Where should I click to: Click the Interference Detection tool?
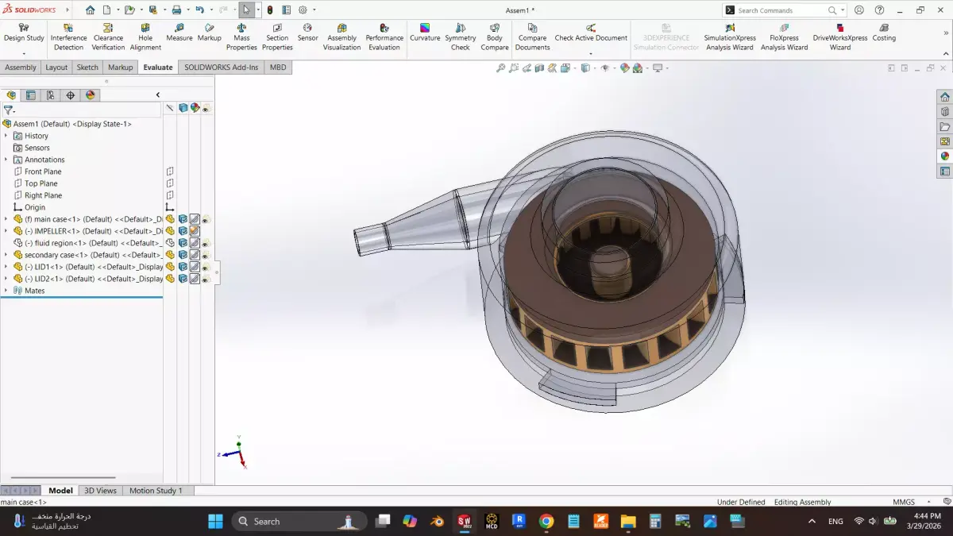tap(68, 37)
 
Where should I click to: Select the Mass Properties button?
tap(241, 37)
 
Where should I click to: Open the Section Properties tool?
tap(277, 37)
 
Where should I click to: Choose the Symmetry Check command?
tap(460, 37)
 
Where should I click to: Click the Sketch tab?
tap(87, 67)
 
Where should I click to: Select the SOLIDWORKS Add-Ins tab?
tap(221, 67)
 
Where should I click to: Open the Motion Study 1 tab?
tap(156, 491)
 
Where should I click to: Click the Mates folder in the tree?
tap(34, 291)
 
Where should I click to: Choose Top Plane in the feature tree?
tap(41, 183)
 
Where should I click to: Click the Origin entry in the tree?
tap(34, 207)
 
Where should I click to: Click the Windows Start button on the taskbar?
tap(215, 522)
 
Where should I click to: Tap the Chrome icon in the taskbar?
tap(546, 522)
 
